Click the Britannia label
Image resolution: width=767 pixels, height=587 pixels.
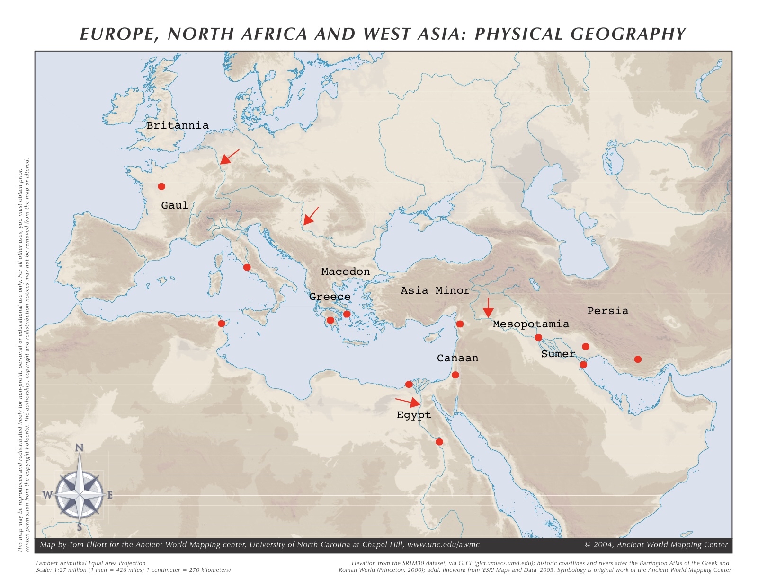pos(177,125)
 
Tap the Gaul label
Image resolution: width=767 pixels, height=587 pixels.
pos(174,205)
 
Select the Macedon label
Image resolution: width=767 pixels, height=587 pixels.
pos(345,272)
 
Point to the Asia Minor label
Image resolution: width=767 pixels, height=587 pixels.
pos(435,290)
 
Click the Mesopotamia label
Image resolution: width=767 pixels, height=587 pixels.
pos(530,324)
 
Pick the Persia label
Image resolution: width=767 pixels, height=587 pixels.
pos(607,311)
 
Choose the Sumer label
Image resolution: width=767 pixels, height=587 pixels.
pos(558,354)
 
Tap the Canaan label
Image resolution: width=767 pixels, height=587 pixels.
pos(457,358)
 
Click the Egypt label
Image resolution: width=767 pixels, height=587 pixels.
pos(414,415)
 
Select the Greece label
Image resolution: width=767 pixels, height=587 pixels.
pos(330,297)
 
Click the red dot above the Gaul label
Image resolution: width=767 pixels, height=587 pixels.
pos(161,186)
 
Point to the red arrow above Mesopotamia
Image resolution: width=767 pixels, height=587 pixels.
pos(488,307)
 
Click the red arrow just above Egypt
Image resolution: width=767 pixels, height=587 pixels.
pos(408,402)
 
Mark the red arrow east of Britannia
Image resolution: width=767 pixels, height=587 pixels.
pos(230,157)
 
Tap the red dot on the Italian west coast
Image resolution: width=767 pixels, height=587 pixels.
pos(247,267)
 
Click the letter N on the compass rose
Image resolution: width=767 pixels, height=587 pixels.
pos(80,448)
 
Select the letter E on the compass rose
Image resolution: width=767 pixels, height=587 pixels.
pos(110,495)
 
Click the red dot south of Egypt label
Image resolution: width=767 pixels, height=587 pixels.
pos(439,442)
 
